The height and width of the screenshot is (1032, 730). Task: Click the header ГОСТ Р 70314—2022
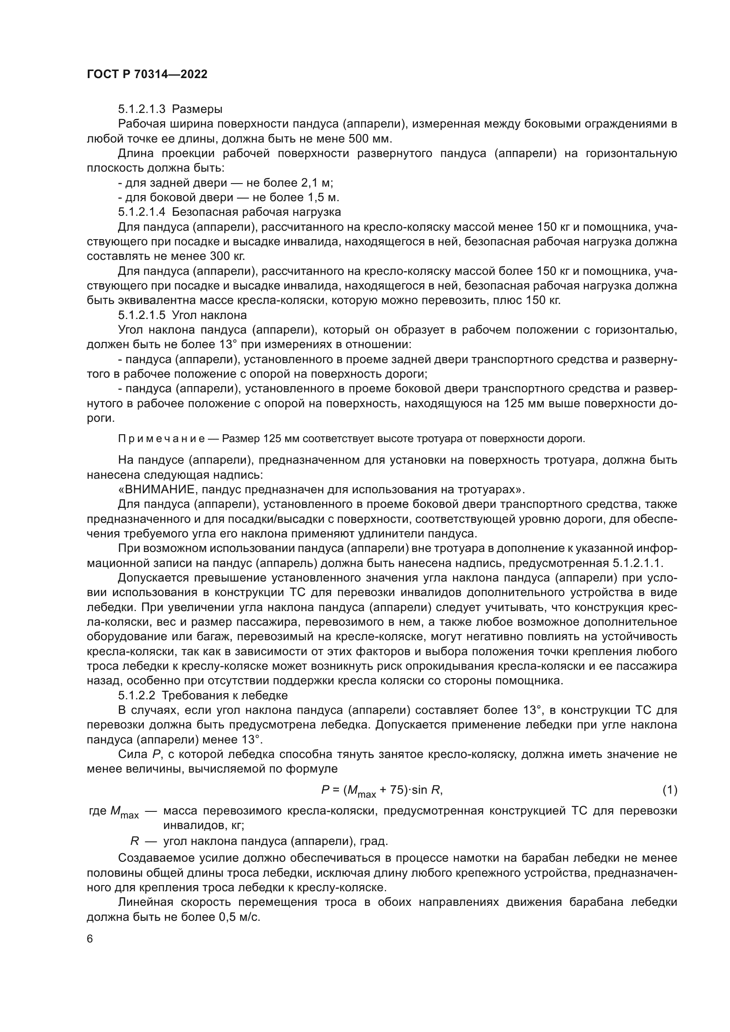tap(147, 75)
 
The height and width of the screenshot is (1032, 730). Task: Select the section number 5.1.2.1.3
tap(142, 109)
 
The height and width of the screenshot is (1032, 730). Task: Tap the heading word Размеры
tap(197, 109)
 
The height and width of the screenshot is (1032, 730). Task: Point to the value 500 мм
tap(370, 139)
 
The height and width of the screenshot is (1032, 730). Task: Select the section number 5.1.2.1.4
tap(142, 212)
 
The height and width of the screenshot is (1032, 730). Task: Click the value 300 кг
tap(227, 256)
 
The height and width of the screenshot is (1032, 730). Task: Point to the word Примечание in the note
tap(162, 439)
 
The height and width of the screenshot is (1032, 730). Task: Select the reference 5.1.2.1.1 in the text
tap(637, 563)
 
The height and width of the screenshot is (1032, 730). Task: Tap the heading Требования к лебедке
tap(224, 696)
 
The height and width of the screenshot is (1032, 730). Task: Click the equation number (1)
tap(670, 790)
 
